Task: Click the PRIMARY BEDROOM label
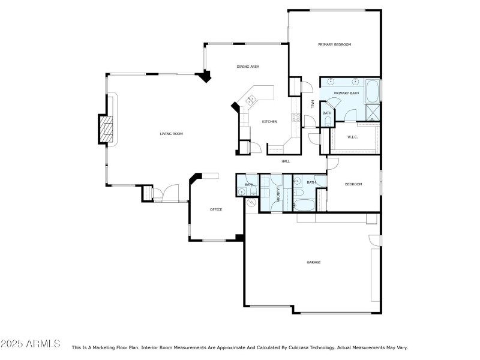(x=334, y=44)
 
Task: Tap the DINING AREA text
(x=247, y=67)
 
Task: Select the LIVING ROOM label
(x=171, y=134)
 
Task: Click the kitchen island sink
(x=252, y=98)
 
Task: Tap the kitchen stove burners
(x=295, y=117)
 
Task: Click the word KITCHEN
(x=269, y=122)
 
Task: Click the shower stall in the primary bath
(x=373, y=112)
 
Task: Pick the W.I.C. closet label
(x=353, y=137)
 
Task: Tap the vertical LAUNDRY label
(x=278, y=193)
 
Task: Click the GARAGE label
(x=313, y=262)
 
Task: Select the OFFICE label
(x=216, y=209)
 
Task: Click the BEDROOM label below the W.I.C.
(x=353, y=184)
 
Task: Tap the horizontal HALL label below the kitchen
(x=286, y=161)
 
